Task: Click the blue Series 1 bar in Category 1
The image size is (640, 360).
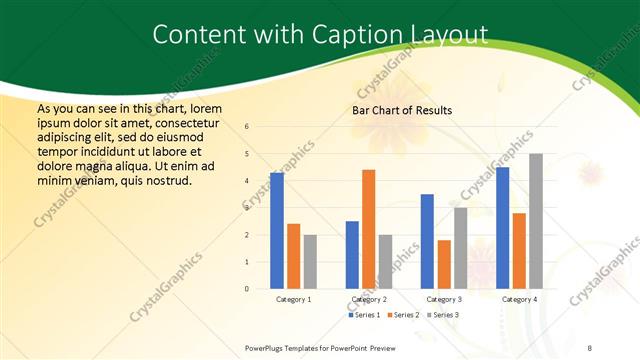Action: tap(277, 231)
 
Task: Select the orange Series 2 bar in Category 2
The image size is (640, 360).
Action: tap(368, 229)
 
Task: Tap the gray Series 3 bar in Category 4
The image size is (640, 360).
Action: tap(536, 221)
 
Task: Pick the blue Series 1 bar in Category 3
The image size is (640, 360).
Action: tap(427, 241)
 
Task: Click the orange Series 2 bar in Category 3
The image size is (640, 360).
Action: tap(444, 264)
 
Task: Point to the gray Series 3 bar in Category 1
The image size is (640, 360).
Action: tap(310, 262)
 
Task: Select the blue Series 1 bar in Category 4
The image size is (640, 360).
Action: tap(502, 228)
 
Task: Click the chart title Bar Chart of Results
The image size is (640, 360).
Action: tap(401, 110)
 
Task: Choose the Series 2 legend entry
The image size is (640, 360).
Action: tap(402, 315)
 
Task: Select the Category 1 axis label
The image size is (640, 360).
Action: tap(293, 299)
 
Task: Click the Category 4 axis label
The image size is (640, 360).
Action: tap(519, 299)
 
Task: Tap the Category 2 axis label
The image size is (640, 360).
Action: tap(368, 299)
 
